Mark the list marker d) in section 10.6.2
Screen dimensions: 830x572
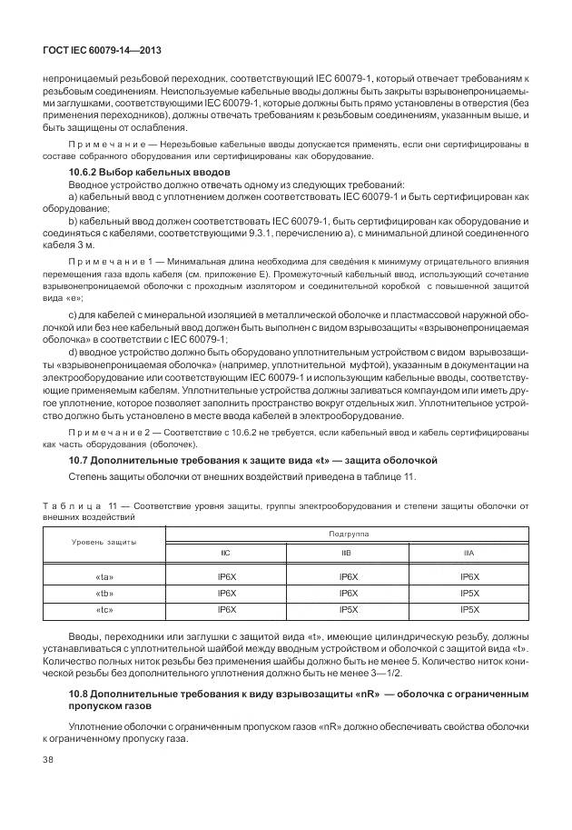click(74, 352)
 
